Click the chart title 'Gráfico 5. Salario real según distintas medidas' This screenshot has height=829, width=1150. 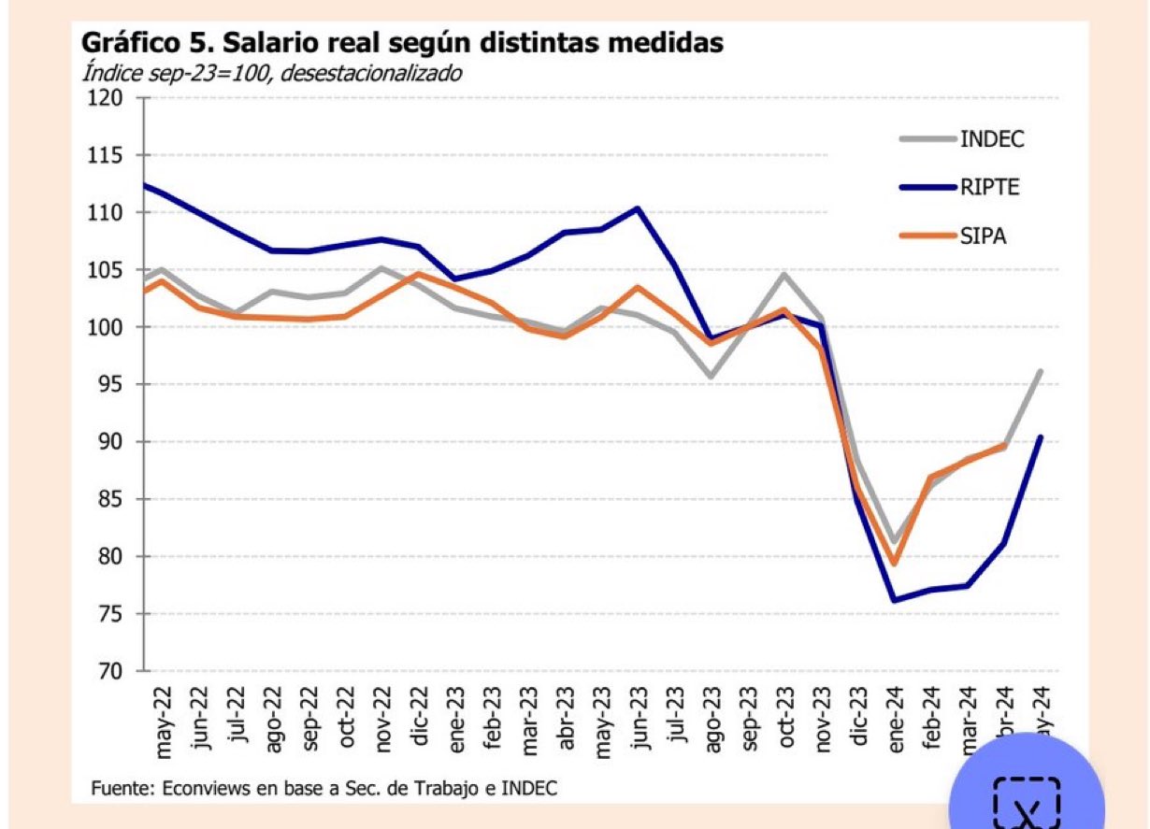402,43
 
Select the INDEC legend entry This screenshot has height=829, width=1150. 991,139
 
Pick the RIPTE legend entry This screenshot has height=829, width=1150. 989,187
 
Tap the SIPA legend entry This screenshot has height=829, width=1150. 983,236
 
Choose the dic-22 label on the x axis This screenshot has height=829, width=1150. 419,718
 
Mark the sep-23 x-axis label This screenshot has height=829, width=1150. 748,719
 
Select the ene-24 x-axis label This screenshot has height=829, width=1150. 895,719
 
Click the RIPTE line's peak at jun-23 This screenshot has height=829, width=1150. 638,207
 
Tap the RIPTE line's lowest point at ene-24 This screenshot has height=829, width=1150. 895,600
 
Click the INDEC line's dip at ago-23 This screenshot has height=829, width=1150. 712,377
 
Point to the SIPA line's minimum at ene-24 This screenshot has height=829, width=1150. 895,564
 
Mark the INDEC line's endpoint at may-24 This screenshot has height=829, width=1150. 1041,371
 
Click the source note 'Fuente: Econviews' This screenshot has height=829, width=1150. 323,788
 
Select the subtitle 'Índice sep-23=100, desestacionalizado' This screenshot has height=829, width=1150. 271,73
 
